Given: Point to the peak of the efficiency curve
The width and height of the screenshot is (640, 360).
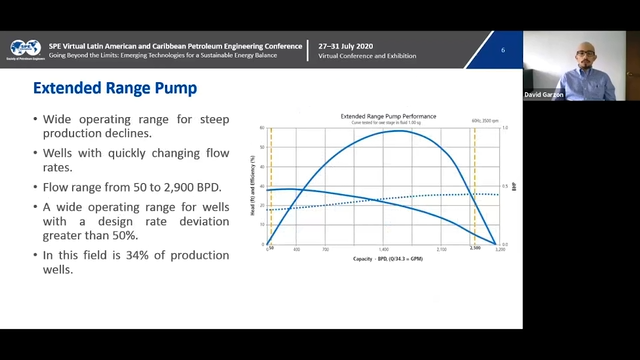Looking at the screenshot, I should click(x=400, y=131).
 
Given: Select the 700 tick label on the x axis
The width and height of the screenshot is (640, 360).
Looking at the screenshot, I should click(x=326, y=248).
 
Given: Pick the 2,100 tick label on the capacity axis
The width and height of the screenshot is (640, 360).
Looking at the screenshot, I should click(x=441, y=248).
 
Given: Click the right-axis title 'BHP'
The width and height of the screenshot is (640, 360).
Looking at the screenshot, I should click(x=515, y=186).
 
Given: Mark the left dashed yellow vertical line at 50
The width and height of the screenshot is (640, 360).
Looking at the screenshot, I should click(x=271, y=186).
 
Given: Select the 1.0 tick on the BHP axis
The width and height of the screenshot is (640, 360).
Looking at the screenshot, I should click(x=506, y=128).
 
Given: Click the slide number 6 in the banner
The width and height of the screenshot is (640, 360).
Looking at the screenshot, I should click(x=503, y=50).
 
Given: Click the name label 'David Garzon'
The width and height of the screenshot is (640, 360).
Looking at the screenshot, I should click(x=545, y=95).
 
